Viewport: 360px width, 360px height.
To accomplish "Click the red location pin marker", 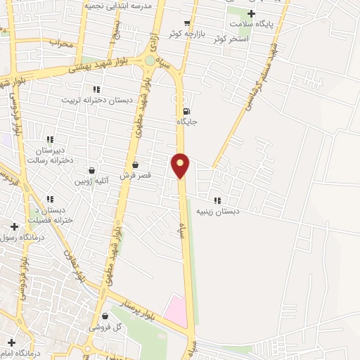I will coord(181,165).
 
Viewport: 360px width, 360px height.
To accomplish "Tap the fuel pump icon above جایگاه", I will coord(186,111).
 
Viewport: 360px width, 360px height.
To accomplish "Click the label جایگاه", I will coord(186,122).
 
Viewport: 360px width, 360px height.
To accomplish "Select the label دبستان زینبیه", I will coord(217,210).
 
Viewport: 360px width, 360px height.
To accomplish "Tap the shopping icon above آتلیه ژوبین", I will coord(91,170).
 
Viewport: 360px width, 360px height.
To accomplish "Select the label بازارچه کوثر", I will coord(187,34).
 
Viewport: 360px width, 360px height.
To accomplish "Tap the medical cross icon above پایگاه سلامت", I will coord(251,13).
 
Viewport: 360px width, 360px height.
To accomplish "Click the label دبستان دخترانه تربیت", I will coord(97,100).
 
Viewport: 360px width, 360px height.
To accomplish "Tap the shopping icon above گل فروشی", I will coord(105,316).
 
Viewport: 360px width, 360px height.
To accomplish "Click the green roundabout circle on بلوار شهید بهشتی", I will coord(150,61).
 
